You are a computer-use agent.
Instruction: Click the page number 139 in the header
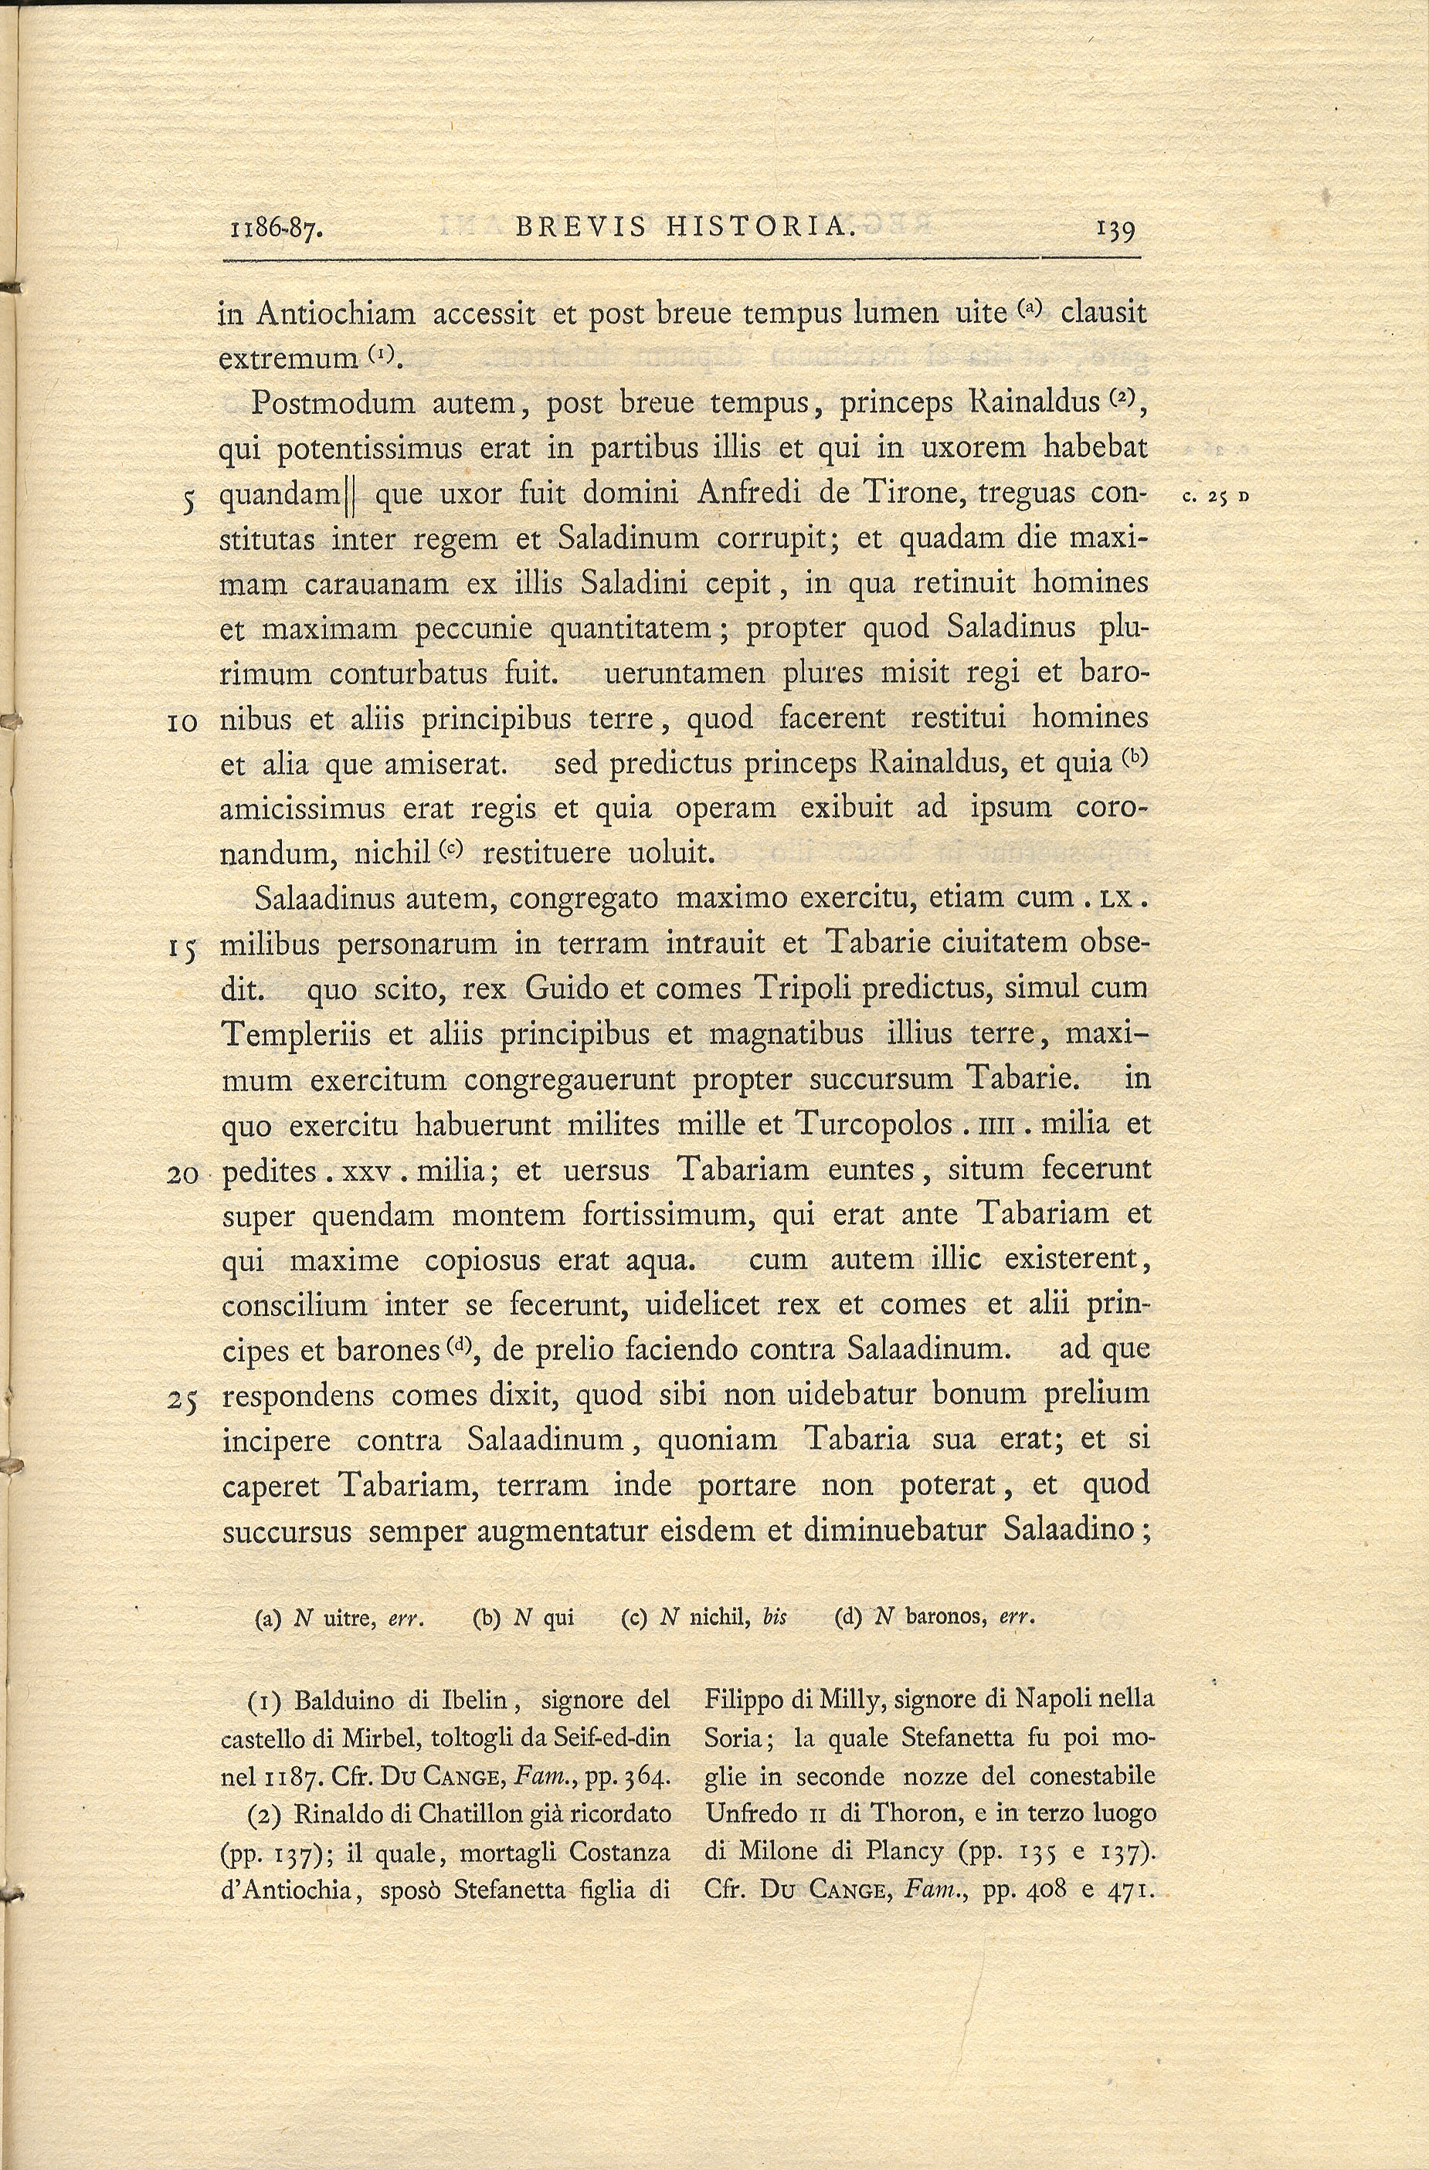point(1115,230)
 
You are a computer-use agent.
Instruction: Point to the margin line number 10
point(183,723)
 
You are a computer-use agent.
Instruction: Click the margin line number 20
point(183,1175)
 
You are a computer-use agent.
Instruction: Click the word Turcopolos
point(874,1124)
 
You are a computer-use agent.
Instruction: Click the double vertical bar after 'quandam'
point(350,497)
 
